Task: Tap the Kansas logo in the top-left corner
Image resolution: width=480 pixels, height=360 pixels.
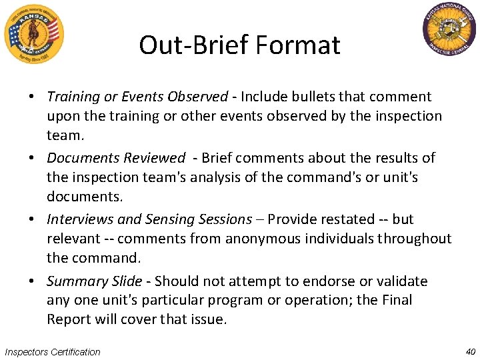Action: click(x=33, y=33)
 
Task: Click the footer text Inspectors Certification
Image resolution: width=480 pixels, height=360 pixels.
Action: click(x=52, y=352)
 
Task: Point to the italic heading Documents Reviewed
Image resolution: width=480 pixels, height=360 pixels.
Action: click(x=116, y=158)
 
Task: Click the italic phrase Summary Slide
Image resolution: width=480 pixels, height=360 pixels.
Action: click(x=94, y=281)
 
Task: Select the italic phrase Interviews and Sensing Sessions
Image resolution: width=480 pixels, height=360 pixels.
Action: click(x=149, y=219)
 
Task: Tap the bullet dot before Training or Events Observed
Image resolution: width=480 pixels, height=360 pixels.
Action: click(x=31, y=97)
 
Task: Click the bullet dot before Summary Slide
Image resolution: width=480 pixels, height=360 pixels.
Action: click(x=31, y=281)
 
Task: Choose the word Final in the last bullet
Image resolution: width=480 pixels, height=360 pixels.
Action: click(x=397, y=300)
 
